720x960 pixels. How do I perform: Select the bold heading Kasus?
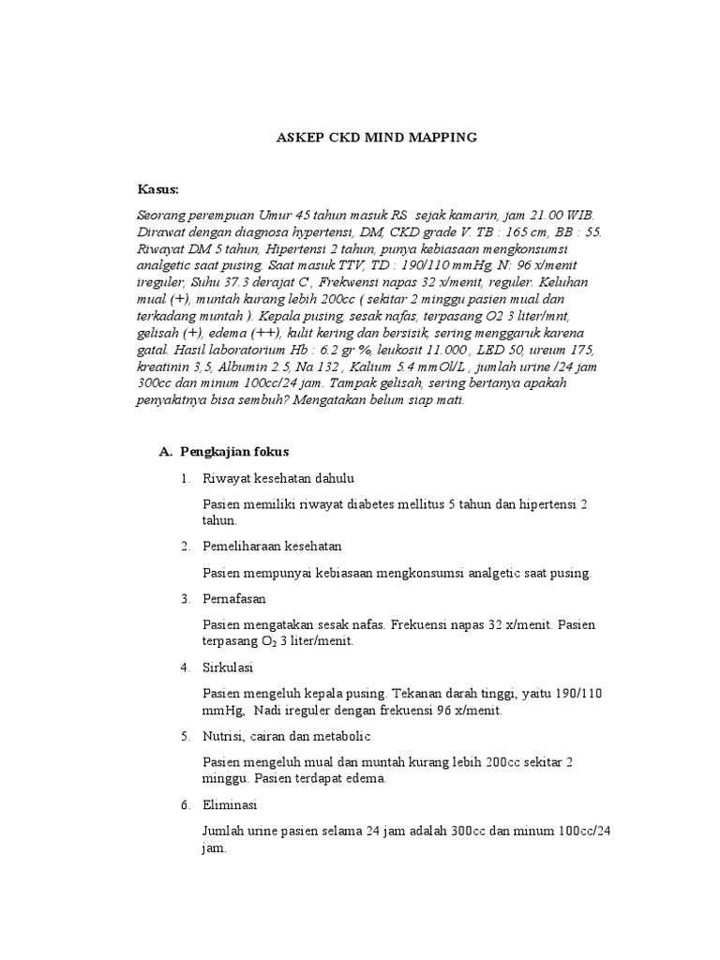157,189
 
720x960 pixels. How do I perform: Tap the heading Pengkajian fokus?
234,451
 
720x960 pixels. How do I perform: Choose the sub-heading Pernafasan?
234,598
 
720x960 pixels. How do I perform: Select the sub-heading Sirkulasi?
228,667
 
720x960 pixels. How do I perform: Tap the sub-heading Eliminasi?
230,805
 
